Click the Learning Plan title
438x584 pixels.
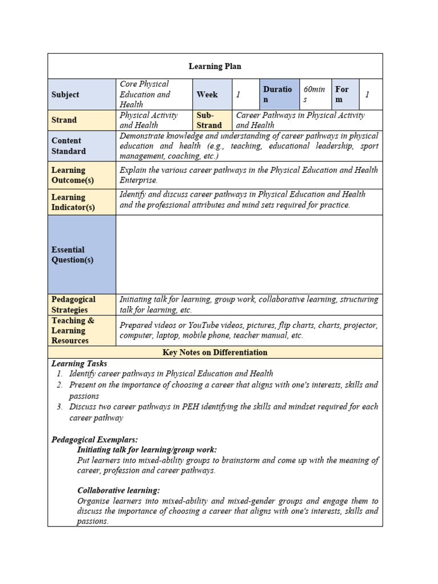[214, 66]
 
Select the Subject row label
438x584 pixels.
[66, 95]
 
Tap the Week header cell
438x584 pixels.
[208, 95]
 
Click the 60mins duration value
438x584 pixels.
[314, 95]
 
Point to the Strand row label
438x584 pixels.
[64, 120]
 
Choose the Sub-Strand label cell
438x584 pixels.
[209, 120]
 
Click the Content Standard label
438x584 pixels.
[68, 146]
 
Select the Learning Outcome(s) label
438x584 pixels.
[72, 175]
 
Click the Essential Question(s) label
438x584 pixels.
[72, 255]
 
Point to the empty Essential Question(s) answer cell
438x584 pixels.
[249, 254]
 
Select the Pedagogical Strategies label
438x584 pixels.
[74, 305]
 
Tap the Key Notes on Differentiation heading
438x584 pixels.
[214, 352]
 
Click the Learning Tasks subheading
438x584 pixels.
[79, 363]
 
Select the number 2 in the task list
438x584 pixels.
[59, 385]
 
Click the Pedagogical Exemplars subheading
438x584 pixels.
[95, 440]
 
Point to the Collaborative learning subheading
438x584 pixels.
[119, 490]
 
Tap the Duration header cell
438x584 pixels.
[278, 95]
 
